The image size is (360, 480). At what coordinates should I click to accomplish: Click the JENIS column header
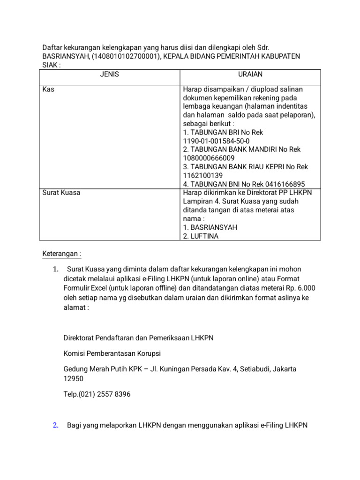coord(109,75)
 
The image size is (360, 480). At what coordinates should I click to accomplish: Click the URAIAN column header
coord(250,75)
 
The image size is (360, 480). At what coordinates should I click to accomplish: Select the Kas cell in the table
coord(48,90)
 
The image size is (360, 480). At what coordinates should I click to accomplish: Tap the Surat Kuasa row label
coord(61,193)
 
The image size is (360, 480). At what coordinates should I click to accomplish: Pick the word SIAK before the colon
coord(50,65)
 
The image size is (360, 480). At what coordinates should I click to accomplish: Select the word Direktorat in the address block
coord(80,337)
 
